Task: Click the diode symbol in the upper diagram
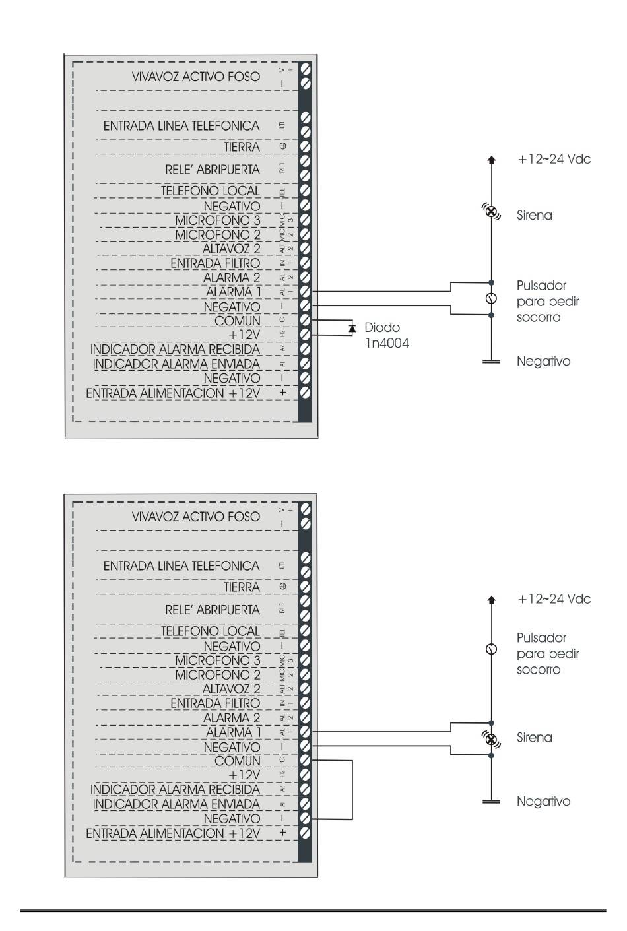coord(352,328)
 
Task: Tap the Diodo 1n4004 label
coord(386,335)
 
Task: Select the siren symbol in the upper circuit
coord(491,211)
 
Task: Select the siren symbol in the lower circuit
coord(491,738)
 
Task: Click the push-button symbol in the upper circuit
coord(491,298)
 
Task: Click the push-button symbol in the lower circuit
coord(491,649)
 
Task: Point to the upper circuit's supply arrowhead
coord(491,159)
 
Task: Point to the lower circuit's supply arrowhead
coord(491,600)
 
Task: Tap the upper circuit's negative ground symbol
coord(491,362)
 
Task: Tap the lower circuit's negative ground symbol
coord(491,802)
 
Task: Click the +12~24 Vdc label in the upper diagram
coord(554,159)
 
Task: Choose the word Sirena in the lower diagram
coord(534,738)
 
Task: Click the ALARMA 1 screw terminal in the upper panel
coord(305,291)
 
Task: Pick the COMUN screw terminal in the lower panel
coord(305,760)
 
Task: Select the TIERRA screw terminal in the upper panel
coord(305,146)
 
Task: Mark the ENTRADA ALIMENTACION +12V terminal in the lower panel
coord(305,833)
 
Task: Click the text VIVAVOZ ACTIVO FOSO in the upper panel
coord(195,77)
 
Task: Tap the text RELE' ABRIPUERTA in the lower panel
coord(212,610)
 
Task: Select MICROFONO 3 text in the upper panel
coord(217,220)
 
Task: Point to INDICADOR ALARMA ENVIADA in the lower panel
coord(176,804)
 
